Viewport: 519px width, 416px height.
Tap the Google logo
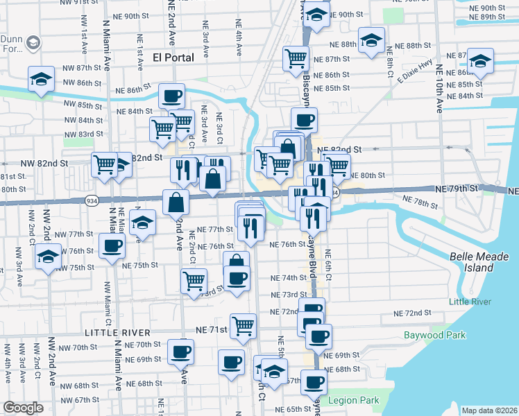click(x=23, y=408)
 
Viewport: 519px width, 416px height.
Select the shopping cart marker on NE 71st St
click(x=243, y=325)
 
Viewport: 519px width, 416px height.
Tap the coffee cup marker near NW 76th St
click(x=112, y=245)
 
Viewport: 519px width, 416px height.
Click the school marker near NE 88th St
click(x=371, y=41)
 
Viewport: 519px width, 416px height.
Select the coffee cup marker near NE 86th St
click(x=171, y=95)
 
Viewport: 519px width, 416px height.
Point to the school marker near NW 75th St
click(x=48, y=258)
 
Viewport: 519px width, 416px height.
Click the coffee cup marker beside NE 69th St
click(x=181, y=353)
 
